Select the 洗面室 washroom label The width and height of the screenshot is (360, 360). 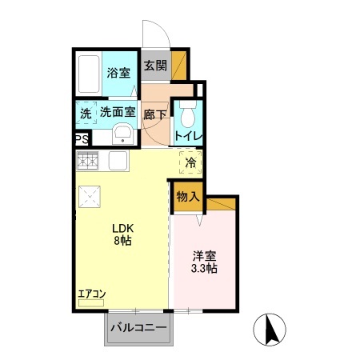pos(117,113)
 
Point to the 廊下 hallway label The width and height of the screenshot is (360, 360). pos(155,114)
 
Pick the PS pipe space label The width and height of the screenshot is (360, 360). pos(82,139)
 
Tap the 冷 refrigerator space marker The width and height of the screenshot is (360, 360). pos(190,162)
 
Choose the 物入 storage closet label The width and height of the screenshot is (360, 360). pos(188,197)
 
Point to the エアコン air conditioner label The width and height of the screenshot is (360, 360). pos(91,294)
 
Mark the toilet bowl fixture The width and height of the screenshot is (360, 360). pos(187,115)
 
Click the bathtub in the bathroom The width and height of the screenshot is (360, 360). pos(90,73)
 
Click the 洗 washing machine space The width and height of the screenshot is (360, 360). pos(86,114)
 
